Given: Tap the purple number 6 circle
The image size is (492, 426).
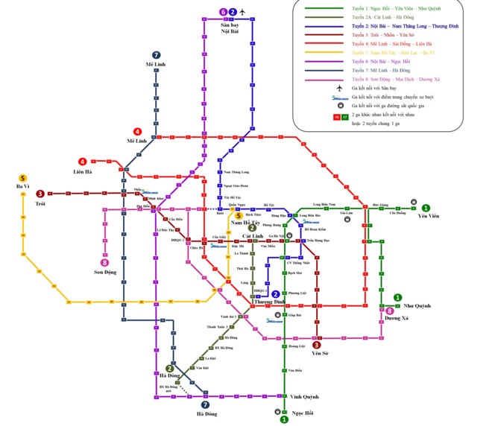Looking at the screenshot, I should [222, 12].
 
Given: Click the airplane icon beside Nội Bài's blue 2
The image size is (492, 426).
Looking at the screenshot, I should [242, 12].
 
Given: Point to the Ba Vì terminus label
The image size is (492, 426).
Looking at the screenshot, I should [22, 186].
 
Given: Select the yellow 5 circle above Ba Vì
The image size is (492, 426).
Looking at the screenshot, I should [22, 177].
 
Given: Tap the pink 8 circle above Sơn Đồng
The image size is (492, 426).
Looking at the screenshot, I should [104, 263].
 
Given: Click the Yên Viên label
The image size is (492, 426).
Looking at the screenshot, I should [428, 216].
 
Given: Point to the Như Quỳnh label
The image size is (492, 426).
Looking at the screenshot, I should [419, 307].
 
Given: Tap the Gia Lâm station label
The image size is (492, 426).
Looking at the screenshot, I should [346, 213].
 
